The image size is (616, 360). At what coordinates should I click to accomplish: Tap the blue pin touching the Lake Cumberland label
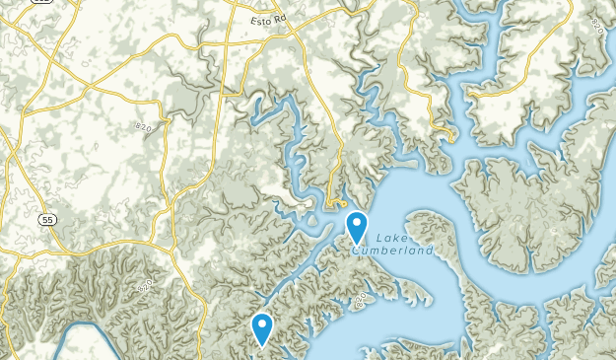pos(357,228)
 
